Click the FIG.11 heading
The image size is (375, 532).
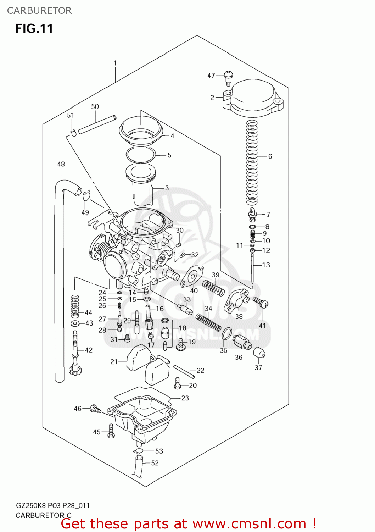[34, 28]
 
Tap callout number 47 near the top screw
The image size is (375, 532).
[211, 76]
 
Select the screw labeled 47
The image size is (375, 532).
[229, 77]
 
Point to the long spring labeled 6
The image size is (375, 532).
[252, 163]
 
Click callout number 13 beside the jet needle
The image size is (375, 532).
[266, 265]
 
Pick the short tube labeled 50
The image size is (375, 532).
[97, 124]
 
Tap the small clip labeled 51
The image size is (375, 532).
[74, 133]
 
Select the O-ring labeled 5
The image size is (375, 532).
[141, 155]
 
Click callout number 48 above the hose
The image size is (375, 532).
[61, 164]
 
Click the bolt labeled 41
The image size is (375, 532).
[261, 303]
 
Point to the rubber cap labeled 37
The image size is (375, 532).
[259, 353]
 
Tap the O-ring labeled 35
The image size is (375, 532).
[227, 334]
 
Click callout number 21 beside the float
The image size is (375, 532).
[114, 362]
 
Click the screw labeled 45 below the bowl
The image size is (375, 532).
[111, 431]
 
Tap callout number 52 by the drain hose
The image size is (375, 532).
[155, 463]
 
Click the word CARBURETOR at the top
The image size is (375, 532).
[39, 11]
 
